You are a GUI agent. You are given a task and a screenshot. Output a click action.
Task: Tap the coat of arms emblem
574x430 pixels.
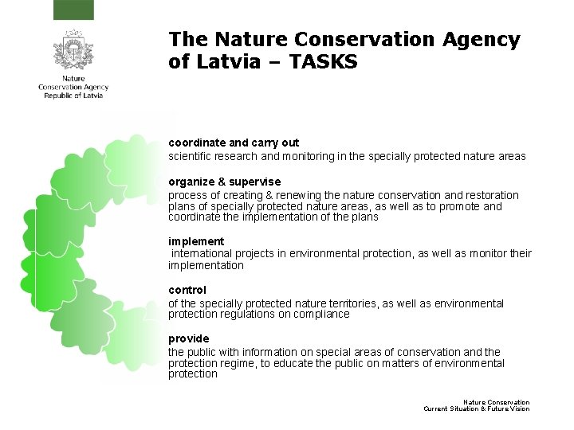pos(73,53)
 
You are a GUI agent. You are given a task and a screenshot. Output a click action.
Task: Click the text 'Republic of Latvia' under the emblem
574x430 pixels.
pos(73,96)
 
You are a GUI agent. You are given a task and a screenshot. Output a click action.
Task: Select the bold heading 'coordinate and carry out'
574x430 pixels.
pos(234,143)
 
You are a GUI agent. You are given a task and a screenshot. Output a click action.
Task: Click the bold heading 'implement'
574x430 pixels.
pos(196,240)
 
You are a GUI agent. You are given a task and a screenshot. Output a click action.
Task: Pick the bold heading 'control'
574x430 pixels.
pos(187,290)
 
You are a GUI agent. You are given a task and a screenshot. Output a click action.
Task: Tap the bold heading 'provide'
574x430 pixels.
pos(188,338)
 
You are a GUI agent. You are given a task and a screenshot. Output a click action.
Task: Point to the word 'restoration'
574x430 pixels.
pos(489,195)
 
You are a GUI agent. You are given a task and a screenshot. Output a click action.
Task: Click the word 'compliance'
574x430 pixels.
pos(322,314)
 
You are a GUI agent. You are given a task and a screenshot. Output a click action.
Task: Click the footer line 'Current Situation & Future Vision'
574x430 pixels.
pos(476,409)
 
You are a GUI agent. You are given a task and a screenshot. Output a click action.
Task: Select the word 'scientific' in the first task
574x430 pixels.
pos(191,156)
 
